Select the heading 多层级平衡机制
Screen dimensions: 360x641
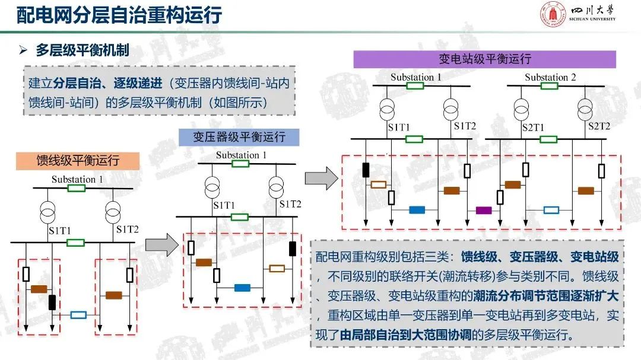[x=82, y=51]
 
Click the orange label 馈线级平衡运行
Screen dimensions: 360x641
[x=78, y=161]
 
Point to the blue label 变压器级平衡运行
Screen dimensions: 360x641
[x=240, y=138]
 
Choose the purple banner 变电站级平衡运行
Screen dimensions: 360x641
[x=484, y=59]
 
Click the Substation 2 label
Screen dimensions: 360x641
[x=550, y=78]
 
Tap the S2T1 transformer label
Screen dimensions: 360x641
[x=533, y=128]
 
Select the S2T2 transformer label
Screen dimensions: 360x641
[x=599, y=126]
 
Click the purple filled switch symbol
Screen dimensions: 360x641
[x=484, y=210]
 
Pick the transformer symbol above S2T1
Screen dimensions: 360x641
[x=522, y=109]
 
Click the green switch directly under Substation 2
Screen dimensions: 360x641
[x=549, y=86]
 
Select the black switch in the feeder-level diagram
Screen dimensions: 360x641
[x=52, y=302]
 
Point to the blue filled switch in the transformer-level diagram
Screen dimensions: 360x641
[x=242, y=288]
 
